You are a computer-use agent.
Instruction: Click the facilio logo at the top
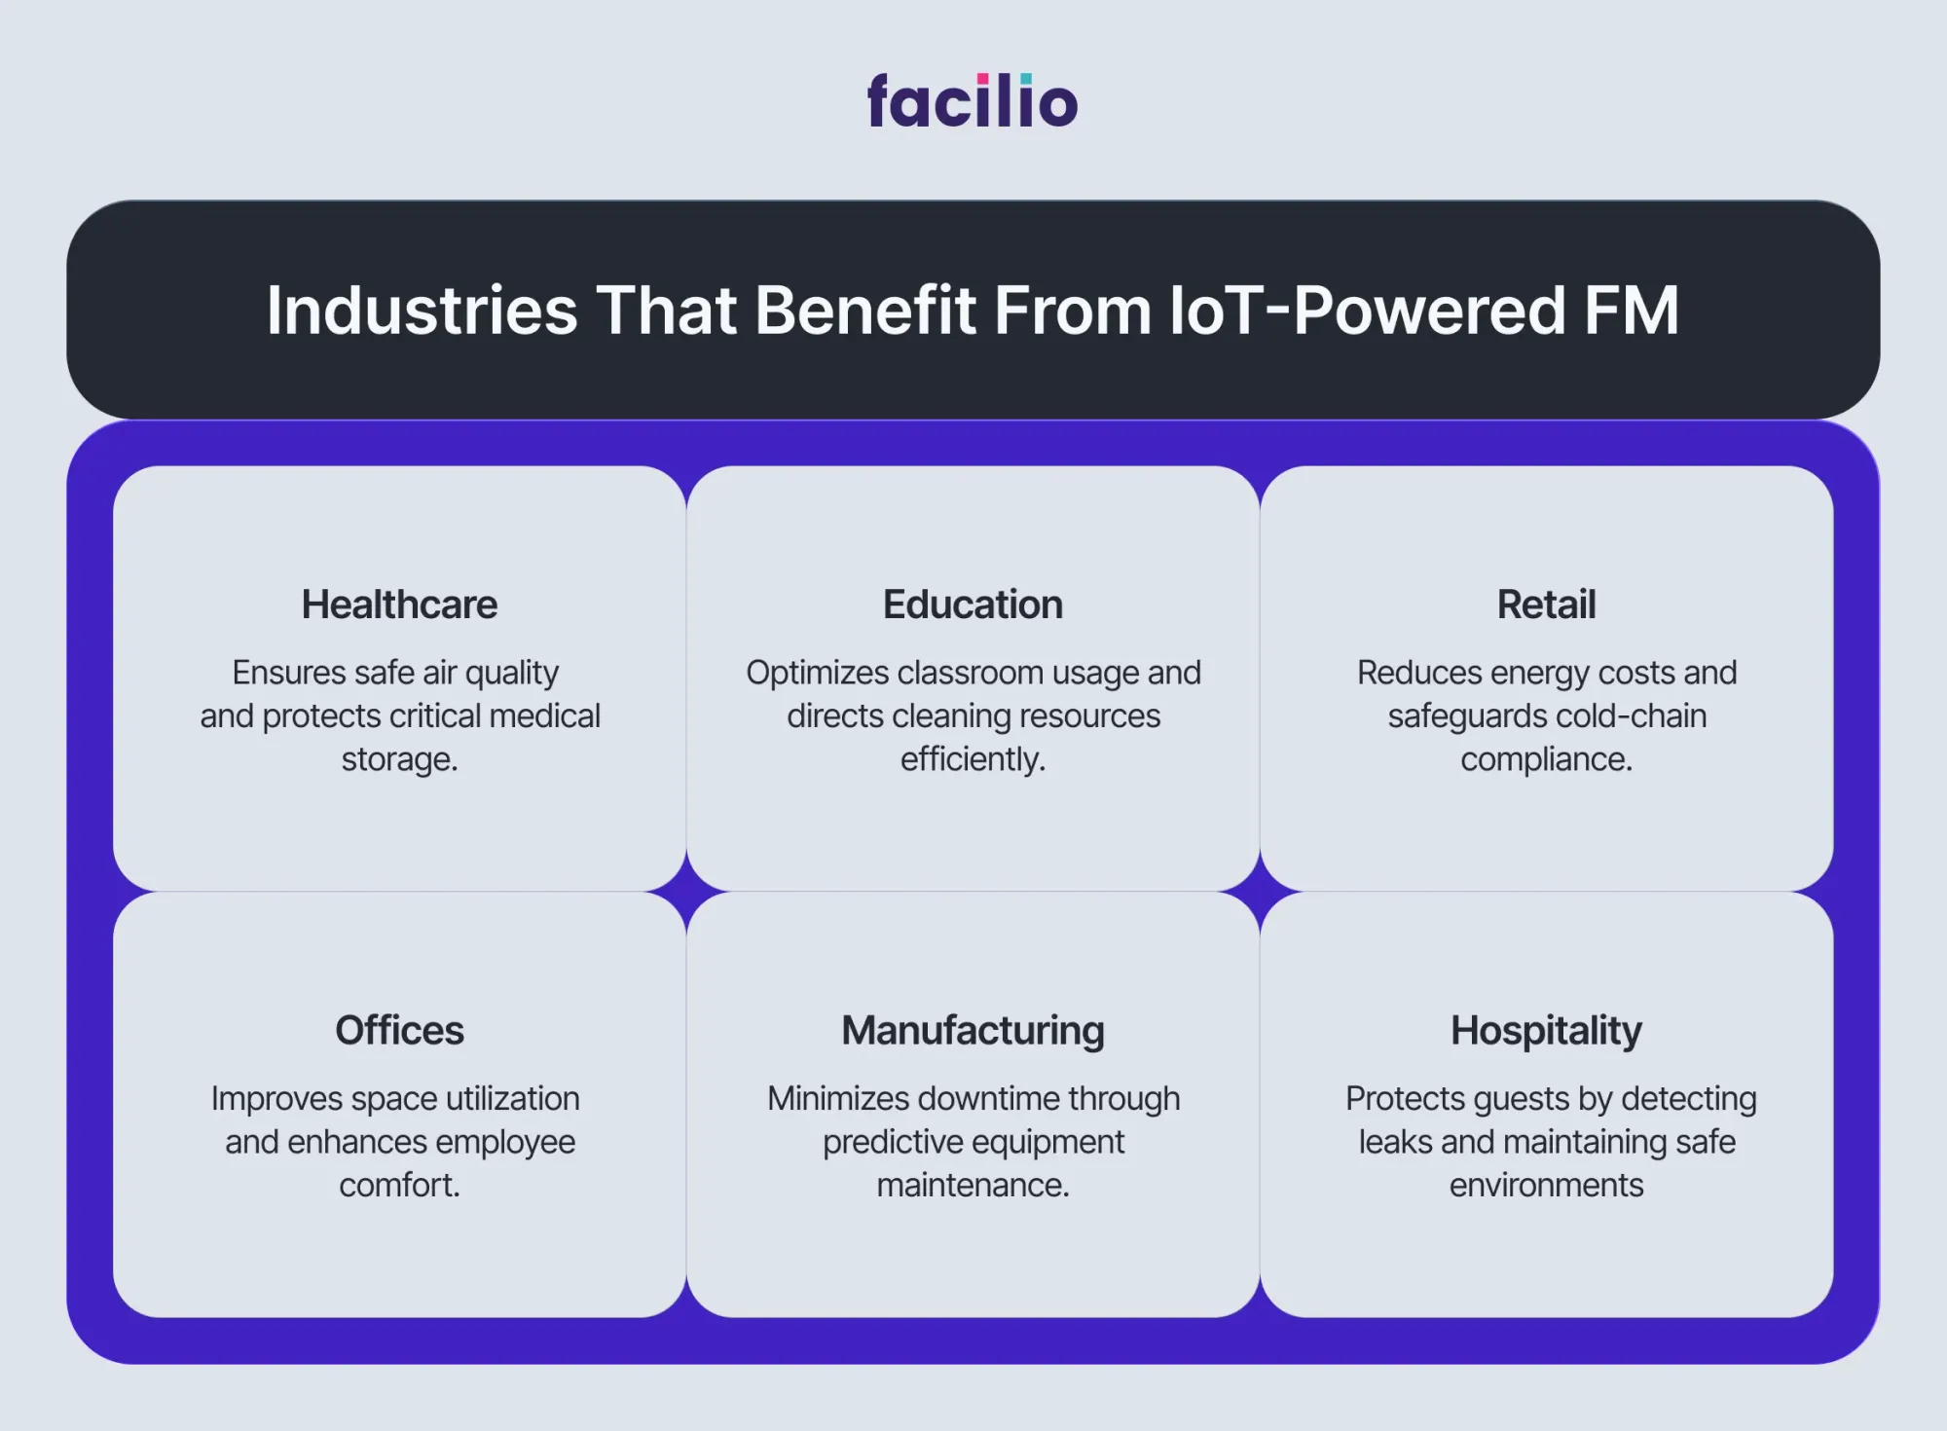tap(973, 100)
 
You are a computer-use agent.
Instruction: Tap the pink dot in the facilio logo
tap(983, 79)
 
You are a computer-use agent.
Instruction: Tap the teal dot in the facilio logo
tap(1026, 79)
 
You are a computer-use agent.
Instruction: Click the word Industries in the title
tap(422, 311)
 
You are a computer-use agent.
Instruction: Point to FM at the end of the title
tap(1632, 311)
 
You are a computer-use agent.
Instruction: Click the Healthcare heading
tap(399, 605)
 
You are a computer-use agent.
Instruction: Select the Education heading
tap(973, 605)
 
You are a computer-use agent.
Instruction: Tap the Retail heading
tap(1546, 605)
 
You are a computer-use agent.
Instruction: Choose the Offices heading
tap(399, 1030)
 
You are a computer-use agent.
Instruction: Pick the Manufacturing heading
tap(973, 1031)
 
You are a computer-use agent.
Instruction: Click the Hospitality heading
tap(1546, 1031)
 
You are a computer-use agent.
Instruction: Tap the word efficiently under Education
tap(970, 759)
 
